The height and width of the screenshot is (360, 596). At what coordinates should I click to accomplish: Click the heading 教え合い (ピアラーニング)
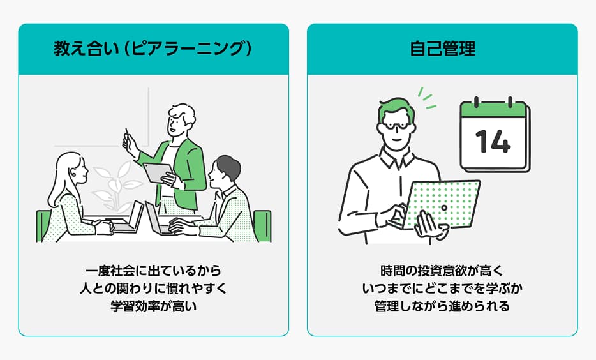pos(153,49)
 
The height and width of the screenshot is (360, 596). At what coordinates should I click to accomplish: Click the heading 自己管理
pos(442,49)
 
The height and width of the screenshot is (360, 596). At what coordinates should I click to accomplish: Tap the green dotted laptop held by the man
pos(442,204)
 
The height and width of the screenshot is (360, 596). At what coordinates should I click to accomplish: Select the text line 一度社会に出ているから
pos(153,271)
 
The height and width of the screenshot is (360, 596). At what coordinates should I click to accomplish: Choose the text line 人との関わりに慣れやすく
pos(153,289)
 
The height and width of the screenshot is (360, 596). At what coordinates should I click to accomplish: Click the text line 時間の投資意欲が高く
pos(442,271)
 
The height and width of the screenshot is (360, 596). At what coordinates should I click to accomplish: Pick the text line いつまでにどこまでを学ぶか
pos(442,289)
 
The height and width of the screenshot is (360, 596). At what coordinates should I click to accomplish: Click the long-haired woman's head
pos(71,169)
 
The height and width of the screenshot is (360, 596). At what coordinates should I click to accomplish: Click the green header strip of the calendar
pos(494,109)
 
